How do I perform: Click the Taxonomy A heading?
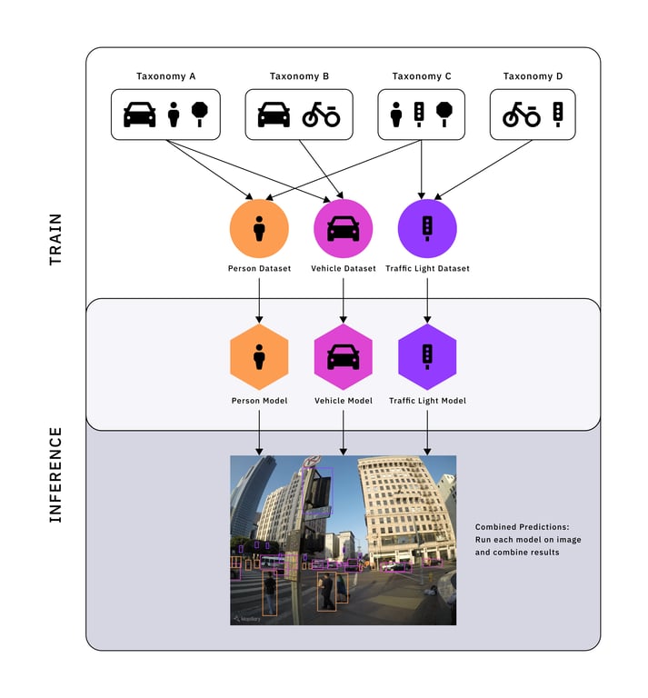165,76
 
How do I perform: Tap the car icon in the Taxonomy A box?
140,115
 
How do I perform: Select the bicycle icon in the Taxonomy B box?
322,115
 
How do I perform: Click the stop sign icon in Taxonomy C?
444,115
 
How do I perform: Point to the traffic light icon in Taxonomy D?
558,115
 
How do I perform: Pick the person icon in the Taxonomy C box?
396,115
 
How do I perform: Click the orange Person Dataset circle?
259,228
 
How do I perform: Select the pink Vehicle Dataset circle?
344,228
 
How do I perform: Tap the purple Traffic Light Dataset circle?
427,228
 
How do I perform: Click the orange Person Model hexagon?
259,357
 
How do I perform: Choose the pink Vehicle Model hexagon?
344,357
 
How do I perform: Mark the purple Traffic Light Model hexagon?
427,357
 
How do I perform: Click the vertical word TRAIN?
55,240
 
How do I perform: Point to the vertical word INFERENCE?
55,475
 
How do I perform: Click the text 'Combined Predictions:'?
522,527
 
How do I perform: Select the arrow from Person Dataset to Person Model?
259,301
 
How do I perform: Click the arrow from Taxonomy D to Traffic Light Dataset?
484,170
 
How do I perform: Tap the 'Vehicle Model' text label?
344,401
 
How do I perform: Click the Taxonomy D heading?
533,76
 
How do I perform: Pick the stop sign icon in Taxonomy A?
199,115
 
